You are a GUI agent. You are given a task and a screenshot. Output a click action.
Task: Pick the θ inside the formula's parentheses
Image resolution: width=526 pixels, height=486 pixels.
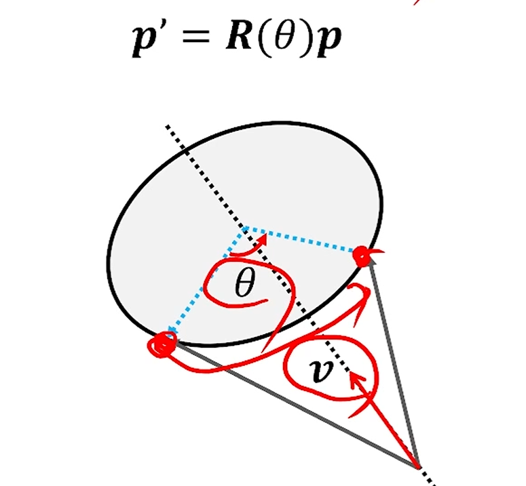280,41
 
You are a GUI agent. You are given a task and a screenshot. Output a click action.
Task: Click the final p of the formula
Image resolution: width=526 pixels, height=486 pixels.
327,45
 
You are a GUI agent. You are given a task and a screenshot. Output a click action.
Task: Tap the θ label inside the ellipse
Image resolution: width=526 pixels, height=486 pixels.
243,285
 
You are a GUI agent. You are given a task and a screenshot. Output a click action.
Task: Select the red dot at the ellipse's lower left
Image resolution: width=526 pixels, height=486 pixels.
162,344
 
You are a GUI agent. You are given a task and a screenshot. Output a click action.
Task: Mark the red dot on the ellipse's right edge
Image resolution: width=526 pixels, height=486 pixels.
362,257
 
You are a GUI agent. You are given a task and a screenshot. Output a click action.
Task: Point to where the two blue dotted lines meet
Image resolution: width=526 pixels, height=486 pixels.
244,228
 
